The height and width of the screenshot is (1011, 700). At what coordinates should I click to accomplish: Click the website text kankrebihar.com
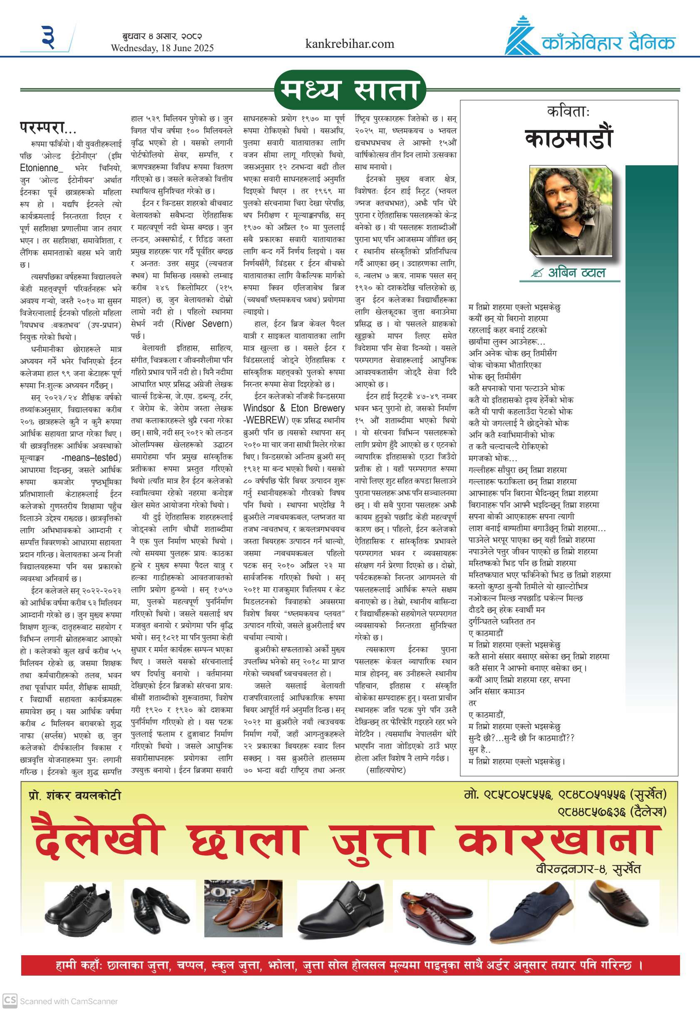[x=350, y=44]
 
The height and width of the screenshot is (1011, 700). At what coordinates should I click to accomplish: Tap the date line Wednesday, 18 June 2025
[x=162, y=48]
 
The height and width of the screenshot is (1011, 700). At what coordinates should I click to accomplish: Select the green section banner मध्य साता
[x=350, y=90]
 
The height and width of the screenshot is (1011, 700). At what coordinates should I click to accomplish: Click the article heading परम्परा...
[x=48, y=128]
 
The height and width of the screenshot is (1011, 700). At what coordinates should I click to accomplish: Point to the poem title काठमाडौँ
[x=568, y=139]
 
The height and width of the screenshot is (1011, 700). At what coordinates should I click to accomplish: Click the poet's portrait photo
[x=571, y=211]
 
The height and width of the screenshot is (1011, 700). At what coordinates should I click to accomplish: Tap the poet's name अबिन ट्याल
[x=576, y=272]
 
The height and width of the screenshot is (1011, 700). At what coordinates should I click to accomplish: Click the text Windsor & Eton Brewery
[x=294, y=408]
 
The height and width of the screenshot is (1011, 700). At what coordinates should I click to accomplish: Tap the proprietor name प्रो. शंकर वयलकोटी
[x=74, y=795]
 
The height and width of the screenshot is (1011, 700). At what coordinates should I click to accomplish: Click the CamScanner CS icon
[x=10, y=1001]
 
